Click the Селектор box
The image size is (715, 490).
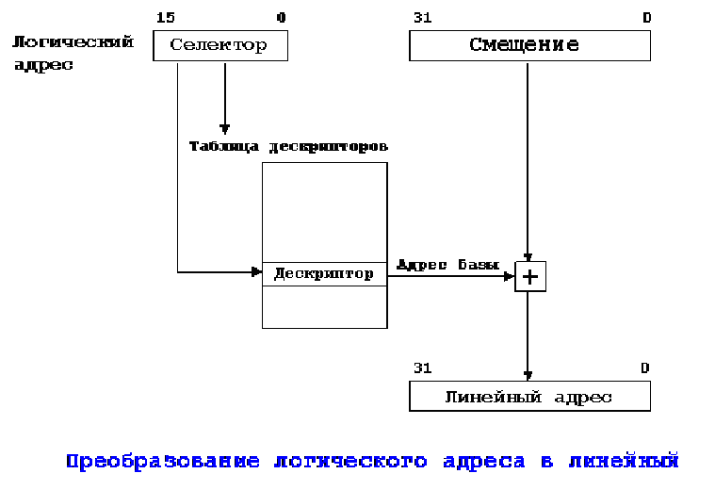[219, 45]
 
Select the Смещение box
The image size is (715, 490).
[528, 45]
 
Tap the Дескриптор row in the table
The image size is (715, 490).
[324, 274]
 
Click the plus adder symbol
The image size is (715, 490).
[529, 276]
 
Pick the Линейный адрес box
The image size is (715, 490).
[528, 397]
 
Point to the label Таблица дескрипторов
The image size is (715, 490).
[288, 147]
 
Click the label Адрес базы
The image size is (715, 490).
[447, 265]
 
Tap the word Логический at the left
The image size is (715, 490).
[73, 42]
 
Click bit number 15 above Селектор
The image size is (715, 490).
[165, 17]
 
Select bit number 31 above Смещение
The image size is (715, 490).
[421, 17]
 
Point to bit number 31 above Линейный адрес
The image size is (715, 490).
[421, 367]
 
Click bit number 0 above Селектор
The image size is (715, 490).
[281, 17]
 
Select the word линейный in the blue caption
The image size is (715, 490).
[624, 462]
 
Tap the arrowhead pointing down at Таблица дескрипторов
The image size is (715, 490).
[224, 129]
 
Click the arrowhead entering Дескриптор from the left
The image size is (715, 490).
[256, 272]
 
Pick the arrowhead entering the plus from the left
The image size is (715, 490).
[510, 276]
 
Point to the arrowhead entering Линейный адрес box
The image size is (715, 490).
[528, 376]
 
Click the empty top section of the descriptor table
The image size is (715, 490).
[324, 211]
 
